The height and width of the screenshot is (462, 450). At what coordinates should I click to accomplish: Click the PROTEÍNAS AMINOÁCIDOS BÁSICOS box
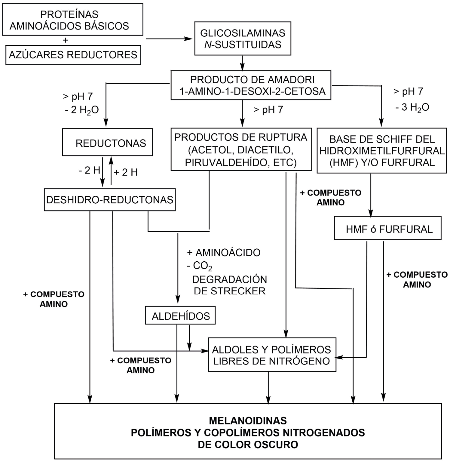point(72,20)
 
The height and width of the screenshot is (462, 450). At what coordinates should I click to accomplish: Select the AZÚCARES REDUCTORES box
point(73,55)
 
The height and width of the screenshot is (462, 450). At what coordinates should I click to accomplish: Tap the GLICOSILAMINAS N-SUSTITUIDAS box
point(243,38)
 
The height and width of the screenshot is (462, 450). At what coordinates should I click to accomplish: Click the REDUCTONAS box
point(108,143)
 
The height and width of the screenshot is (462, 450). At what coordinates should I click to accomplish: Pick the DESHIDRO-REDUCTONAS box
point(110,200)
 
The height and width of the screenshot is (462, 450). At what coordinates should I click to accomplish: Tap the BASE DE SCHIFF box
point(382,151)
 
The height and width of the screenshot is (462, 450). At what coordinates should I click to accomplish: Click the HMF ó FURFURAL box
point(388,229)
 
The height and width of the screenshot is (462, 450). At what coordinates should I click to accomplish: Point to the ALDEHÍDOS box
point(180,316)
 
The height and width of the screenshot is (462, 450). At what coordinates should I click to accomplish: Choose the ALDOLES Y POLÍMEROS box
point(272,355)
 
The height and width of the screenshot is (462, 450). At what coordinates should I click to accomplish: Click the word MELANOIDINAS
point(248,420)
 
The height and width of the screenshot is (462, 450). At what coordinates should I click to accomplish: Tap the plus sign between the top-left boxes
point(65,40)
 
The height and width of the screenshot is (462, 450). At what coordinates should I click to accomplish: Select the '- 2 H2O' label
point(81,110)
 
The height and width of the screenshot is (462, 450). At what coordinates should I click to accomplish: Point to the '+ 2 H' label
point(126,172)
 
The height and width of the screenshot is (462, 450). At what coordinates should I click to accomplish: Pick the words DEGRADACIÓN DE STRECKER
point(230,285)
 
